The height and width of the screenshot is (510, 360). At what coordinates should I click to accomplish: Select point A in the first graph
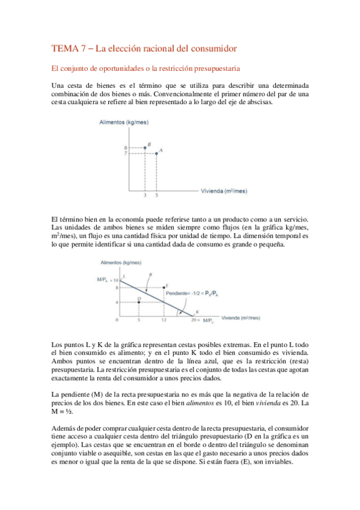(x=157, y=153)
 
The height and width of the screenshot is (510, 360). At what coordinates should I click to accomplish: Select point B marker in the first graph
(x=145, y=147)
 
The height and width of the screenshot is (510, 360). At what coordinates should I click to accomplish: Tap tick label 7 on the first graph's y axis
(x=126, y=153)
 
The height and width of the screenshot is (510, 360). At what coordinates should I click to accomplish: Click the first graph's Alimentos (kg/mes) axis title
(x=124, y=123)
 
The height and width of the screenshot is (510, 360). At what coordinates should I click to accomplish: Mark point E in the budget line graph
(x=163, y=287)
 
